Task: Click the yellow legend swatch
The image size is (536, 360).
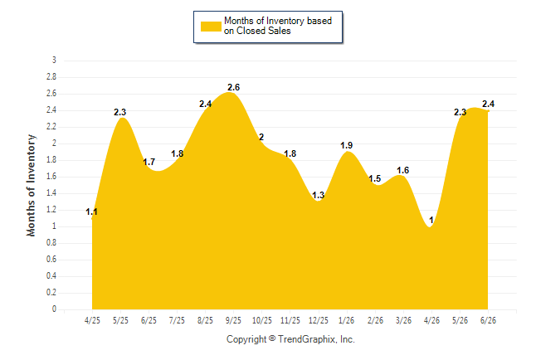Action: click(x=211, y=27)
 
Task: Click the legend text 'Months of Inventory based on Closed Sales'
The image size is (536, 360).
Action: click(x=278, y=26)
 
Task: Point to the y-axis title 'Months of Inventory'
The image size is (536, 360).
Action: click(x=31, y=185)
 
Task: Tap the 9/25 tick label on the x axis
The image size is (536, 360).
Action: click(x=233, y=320)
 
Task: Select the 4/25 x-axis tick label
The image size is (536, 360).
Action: click(x=92, y=320)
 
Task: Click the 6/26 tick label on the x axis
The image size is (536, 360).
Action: click(x=488, y=320)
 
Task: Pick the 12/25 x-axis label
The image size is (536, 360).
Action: click(x=319, y=320)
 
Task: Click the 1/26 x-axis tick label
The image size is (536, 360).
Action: click(x=347, y=320)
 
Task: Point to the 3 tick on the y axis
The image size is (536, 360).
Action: click(x=54, y=61)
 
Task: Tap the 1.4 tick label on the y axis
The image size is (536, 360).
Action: click(x=51, y=193)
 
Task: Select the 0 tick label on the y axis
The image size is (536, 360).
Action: click(x=54, y=309)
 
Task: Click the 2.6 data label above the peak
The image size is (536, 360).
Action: click(x=234, y=88)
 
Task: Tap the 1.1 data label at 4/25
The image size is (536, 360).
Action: click(x=91, y=212)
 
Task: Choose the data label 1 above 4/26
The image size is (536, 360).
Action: click(x=431, y=220)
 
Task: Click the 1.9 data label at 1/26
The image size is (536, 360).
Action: click(x=347, y=146)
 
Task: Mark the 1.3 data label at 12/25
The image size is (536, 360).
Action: click(x=319, y=195)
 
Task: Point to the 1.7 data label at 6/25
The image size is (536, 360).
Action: click(x=149, y=162)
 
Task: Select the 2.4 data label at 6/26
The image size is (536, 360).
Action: click(x=489, y=104)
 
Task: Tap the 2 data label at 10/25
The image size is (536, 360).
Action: click(x=261, y=138)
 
